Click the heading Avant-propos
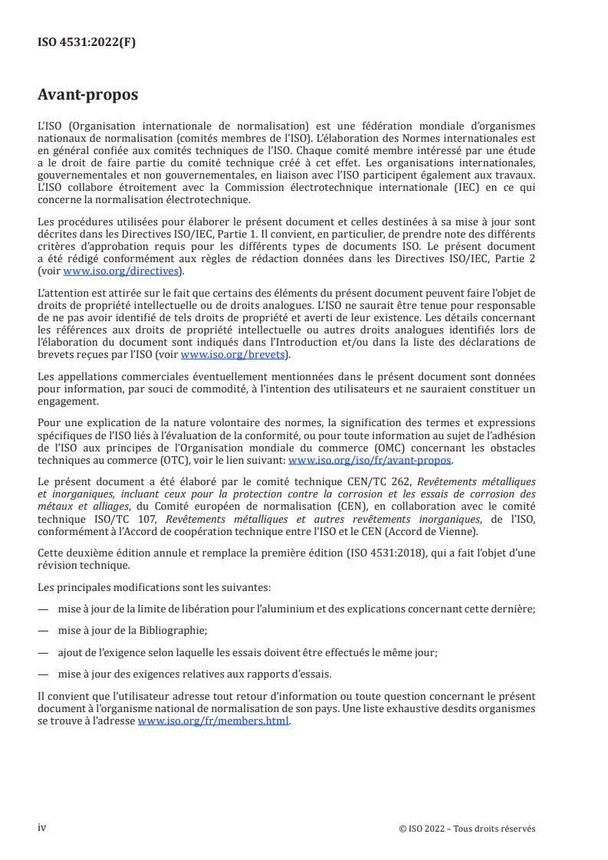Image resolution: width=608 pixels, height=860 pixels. [87, 96]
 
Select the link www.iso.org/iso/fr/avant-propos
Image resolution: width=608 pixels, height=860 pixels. [370, 461]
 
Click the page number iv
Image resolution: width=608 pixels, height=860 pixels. [42, 827]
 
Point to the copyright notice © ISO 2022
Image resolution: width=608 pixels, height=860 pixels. [467, 829]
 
